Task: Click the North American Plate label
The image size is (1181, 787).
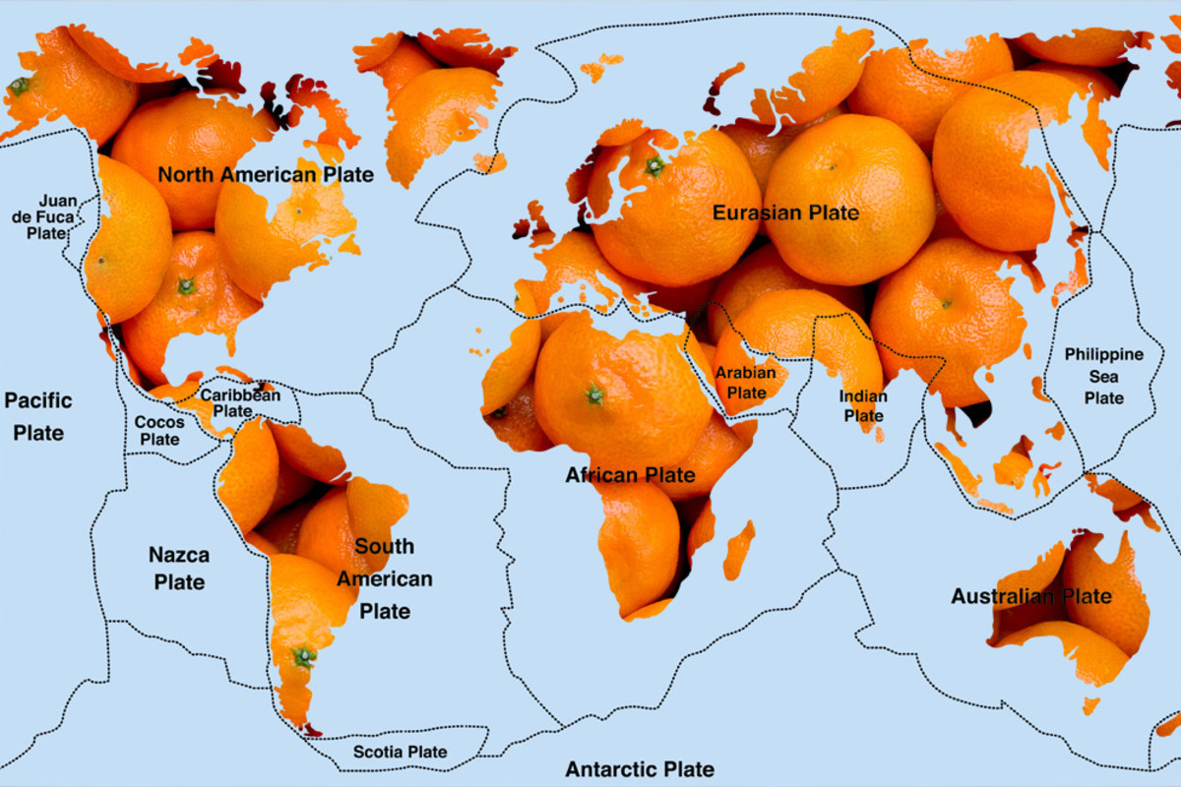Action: pos(266,175)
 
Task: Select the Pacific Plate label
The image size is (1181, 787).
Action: pos(38,416)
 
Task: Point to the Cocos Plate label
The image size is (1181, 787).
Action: pos(158,430)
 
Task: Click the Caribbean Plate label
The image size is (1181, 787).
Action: pos(240,402)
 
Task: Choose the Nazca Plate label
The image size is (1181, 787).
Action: pos(179,568)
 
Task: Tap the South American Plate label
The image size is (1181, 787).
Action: pos(385,578)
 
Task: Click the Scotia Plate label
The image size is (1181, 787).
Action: pos(400,752)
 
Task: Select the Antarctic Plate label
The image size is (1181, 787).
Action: pos(640,768)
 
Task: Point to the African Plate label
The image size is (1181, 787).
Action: pos(630,476)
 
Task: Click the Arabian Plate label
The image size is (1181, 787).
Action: pos(745,383)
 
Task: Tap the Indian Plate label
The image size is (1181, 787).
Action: pos(863,405)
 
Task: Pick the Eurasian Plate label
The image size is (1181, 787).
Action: pos(785,212)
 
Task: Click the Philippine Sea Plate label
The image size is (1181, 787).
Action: pos(1103,376)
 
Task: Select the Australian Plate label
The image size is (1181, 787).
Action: pos(1030,596)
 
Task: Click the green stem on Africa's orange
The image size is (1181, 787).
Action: pos(594,395)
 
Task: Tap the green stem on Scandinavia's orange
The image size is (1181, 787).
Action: pos(654,165)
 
